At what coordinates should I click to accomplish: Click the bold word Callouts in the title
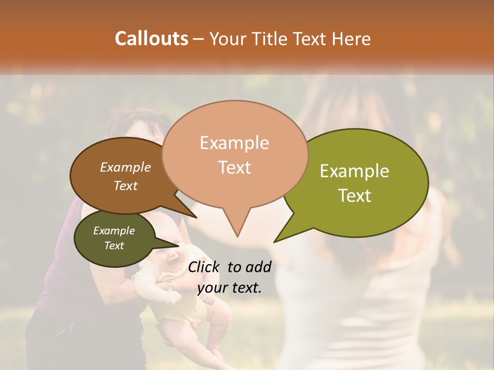click(151, 39)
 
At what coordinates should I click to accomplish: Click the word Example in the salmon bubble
click(234, 143)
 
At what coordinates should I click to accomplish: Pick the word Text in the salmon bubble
click(234, 168)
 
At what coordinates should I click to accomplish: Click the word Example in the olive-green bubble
click(355, 171)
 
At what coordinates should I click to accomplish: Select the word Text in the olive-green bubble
click(355, 196)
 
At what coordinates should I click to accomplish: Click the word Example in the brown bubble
click(126, 167)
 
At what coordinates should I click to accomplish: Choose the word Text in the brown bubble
click(126, 186)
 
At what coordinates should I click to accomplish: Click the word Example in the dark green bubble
click(114, 231)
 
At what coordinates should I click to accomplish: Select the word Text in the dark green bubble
click(114, 246)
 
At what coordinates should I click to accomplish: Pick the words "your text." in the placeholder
click(230, 288)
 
